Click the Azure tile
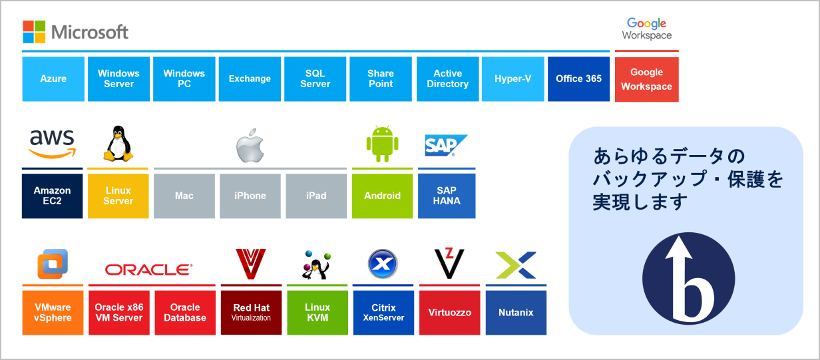53,79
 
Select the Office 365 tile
579,79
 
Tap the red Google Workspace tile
647,79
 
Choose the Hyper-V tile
513,79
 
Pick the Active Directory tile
448,79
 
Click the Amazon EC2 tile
53,196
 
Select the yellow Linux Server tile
118,196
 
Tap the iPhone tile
250,196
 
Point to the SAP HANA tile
447,196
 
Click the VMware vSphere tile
53,313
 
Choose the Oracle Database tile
185,313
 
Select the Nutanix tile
516,313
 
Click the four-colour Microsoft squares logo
34,32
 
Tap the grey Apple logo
250,146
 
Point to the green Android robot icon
382,144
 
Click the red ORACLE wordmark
148,270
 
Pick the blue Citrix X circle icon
383,264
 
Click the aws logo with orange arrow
53,144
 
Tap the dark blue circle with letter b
689,279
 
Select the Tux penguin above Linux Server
118,144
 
